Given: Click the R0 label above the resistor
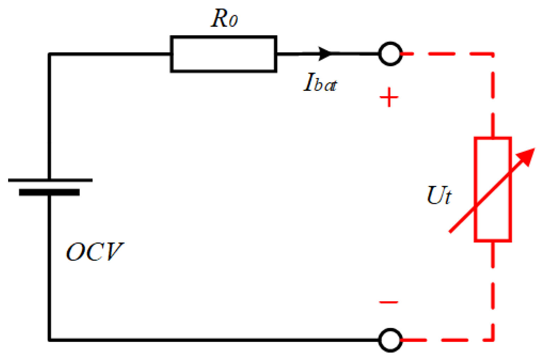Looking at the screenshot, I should tap(224, 18).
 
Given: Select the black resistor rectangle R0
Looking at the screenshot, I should tap(223, 54).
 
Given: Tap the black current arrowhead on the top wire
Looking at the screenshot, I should tap(325, 54).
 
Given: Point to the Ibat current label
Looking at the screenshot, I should tap(320, 83).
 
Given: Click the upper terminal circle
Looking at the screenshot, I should tap(390, 54).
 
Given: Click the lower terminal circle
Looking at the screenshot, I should tap(390, 340).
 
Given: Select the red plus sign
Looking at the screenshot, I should tap(389, 97).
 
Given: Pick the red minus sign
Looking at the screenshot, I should tap(389, 302).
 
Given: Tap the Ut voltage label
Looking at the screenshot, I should tap(439, 195).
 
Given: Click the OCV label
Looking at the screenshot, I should tap(95, 252).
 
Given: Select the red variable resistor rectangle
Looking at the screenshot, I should tap(493, 189).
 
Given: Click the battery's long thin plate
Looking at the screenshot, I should tap(50, 180).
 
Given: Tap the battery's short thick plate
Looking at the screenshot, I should tap(49, 193).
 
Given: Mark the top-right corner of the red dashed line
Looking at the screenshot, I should tap(493, 54).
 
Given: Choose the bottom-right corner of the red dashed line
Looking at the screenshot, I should tap(493, 340).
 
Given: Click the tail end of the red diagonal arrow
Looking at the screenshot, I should tap(451, 231).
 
